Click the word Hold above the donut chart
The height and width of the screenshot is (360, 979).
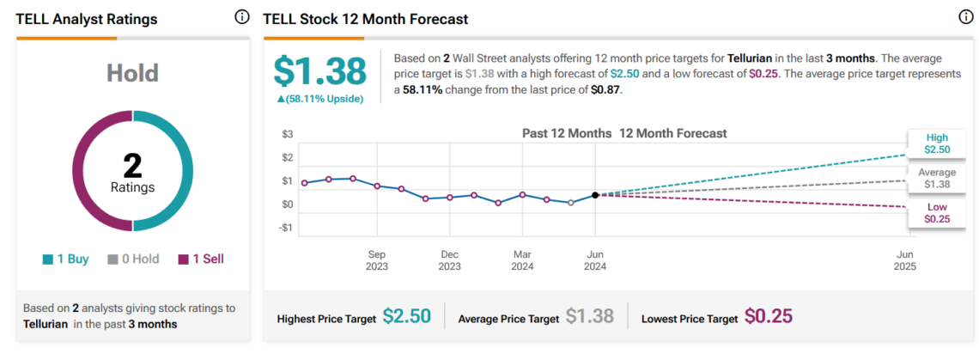(x=132, y=73)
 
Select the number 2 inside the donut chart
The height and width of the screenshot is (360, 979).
(x=132, y=165)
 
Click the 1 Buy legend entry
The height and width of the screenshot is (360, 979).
(x=65, y=259)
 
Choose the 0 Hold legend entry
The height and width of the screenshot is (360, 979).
(x=133, y=259)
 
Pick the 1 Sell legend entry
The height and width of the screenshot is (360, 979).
(x=201, y=259)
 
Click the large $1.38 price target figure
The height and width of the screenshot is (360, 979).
(x=319, y=71)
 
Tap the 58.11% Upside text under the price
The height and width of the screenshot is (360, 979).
(x=319, y=99)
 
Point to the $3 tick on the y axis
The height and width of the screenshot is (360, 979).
(x=288, y=135)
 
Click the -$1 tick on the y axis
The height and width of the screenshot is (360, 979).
(x=286, y=229)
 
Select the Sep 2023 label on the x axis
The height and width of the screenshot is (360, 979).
(x=377, y=260)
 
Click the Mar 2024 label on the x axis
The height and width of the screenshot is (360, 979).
(x=522, y=260)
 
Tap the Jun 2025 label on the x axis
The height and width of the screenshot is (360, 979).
(x=904, y=260)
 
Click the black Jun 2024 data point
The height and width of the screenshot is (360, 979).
(x=595, y=195)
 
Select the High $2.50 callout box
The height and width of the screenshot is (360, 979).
(x=936, y=143)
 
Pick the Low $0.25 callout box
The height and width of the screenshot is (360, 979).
(x=936, y=213)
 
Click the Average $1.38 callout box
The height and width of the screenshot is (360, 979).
(x=936, y=178)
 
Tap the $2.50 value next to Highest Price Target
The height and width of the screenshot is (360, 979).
(x=407, y=317)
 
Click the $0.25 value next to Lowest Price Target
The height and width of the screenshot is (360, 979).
(x=769, y=317)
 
